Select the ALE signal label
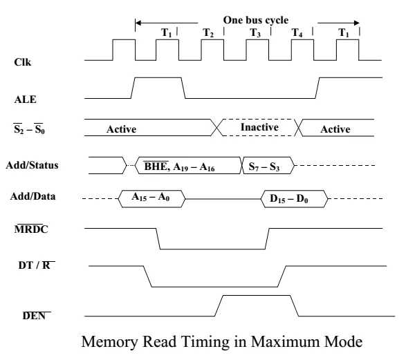(24, 100)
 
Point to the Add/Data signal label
(33, 196)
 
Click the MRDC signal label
(28, 227)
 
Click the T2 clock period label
(208, 32)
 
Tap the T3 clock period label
(255, 32)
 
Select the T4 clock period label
(297, 32)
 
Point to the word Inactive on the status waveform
(259, 128)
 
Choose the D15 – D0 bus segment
(293, 200)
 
